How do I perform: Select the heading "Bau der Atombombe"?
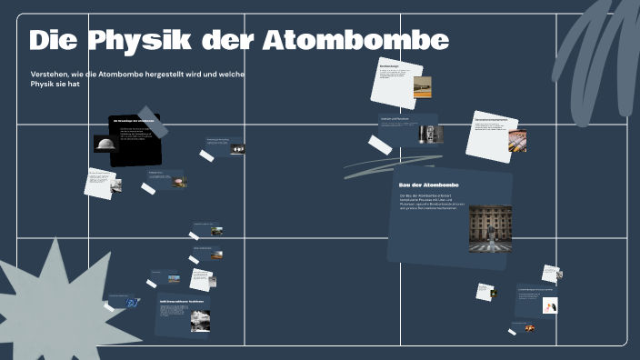click(x=428, y=185)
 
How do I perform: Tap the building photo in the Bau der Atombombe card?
click(x=489, y=227)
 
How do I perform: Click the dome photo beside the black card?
click(x=105, y=144)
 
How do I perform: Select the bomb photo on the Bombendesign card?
click(x=422, y=86)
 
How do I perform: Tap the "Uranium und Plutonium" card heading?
click(x=397, y=119)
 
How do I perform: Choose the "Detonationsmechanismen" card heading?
click(x=491, y=119)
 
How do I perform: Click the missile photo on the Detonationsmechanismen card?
click(x=516, y=141)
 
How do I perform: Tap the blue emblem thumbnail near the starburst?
click(x=133, y=302)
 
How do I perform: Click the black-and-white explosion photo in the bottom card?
click(x=200, y=320)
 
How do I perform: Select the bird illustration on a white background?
click(x=550, y=305)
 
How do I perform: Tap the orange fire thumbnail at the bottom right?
click(x=529, y=328)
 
